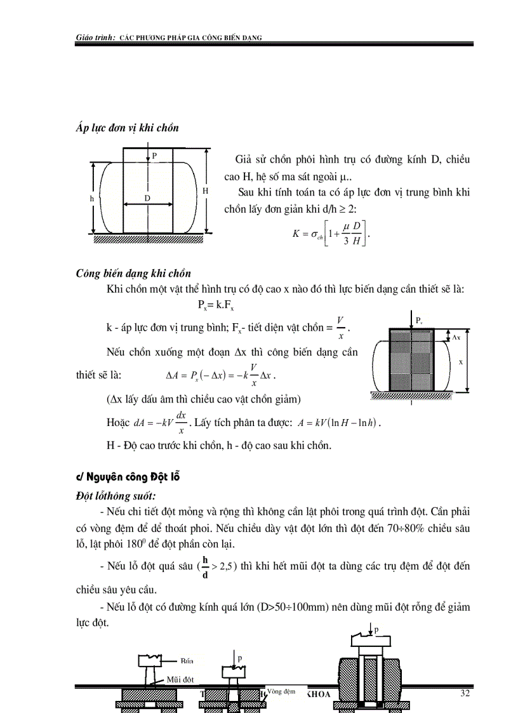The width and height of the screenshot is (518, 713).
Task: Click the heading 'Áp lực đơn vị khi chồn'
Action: [x=127, y=128]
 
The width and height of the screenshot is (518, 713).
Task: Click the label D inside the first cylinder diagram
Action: [x=147, y=198]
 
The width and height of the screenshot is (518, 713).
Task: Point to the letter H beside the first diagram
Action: [x=205, y=190]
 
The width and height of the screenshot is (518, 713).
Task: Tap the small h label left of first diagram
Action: [x=91, y=198]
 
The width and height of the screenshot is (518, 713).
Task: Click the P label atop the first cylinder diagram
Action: [x=154, y=155]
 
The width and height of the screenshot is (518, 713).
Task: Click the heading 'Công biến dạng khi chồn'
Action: [x=133, y=274]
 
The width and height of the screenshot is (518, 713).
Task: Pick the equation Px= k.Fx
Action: [x=216, y=306]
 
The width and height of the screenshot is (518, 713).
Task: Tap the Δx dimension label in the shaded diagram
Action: [x=456, y=337]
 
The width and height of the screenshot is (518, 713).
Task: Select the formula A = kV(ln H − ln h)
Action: [x=342, y=422]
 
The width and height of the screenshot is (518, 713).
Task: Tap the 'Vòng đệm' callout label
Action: [x=282, y=691]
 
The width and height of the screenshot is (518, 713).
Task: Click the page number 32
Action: [x=465, y=693]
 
